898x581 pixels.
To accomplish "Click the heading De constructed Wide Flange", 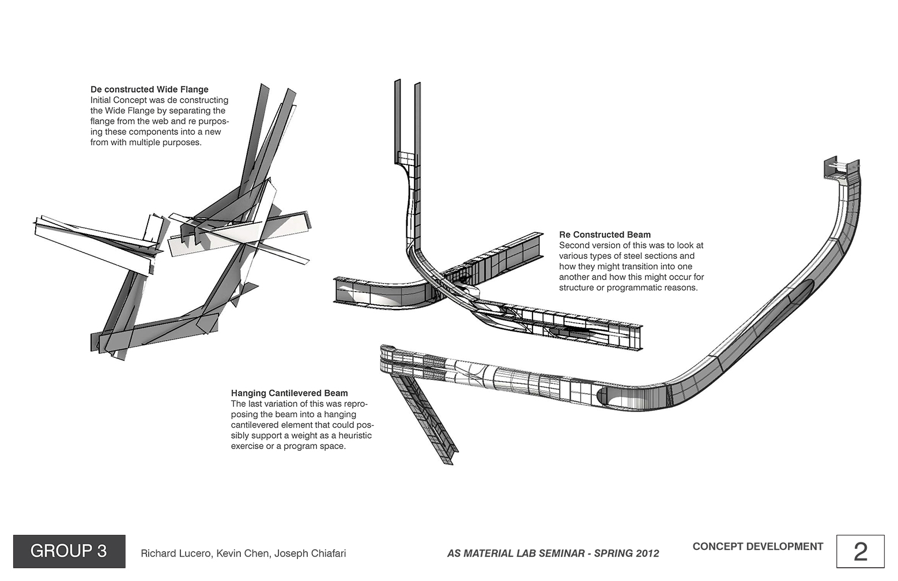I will click(149, 89).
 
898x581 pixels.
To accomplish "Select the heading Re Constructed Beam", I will click(605, 235).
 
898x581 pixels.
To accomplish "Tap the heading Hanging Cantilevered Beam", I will click(289, 393).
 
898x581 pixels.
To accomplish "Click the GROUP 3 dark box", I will click(69, 551).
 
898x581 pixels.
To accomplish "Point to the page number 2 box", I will click(860, 552).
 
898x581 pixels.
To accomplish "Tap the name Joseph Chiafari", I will click(310, 553).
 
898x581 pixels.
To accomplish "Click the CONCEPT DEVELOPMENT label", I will click(757, 546).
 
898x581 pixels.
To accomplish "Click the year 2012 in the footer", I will click(646, 553).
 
